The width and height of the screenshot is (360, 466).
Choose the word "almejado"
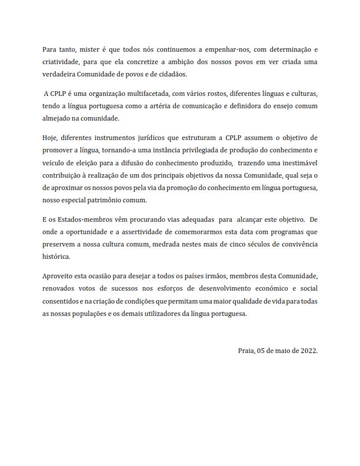pyautogui.click(x=56, y=118)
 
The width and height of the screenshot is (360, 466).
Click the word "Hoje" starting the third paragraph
pyautogui.click(x=51, y=138)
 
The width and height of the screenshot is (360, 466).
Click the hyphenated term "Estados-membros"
pyautogui.click(x=77, y=220)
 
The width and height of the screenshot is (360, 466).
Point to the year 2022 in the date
pyautogui.click(x=306, y=350)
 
